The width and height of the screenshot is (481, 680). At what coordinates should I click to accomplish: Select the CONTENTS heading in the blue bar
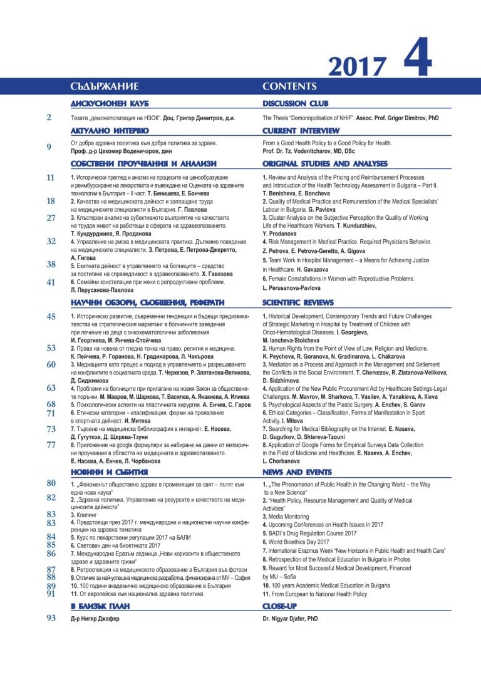(x=289, y=86)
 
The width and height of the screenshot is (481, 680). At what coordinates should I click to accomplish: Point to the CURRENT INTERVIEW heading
(x=301, y=131)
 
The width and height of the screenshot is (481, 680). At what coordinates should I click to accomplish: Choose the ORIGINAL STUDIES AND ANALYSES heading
(x=324, y=163)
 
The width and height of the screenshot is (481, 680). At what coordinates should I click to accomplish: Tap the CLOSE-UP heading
(x=279, y=605)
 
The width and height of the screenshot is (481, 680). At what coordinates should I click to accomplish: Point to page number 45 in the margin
(x=51, y=317)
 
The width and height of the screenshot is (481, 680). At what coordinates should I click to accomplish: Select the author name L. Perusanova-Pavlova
(x=291, y=288)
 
